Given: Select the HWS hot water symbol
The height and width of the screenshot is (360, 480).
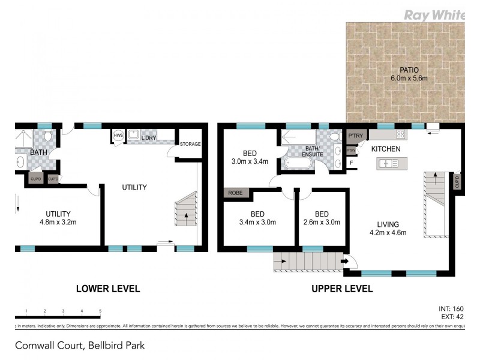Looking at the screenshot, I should (x=118, y=137).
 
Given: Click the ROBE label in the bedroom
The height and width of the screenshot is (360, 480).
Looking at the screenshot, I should (x=235, y=194).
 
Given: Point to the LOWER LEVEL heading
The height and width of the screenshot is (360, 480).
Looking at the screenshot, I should (x=108, y=289).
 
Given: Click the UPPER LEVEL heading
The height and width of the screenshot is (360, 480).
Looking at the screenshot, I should (x=342, y=289).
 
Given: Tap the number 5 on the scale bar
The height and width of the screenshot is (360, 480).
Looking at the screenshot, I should (x=100, y=311).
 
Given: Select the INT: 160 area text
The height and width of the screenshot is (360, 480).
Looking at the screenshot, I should (x=451, y=310).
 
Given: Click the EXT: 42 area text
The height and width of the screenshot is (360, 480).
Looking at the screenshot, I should (x=452, y=318).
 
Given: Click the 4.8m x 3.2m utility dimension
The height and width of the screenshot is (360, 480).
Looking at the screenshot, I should (x=58, y=223).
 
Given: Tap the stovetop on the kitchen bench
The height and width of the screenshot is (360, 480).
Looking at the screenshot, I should (x=400, y=134).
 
